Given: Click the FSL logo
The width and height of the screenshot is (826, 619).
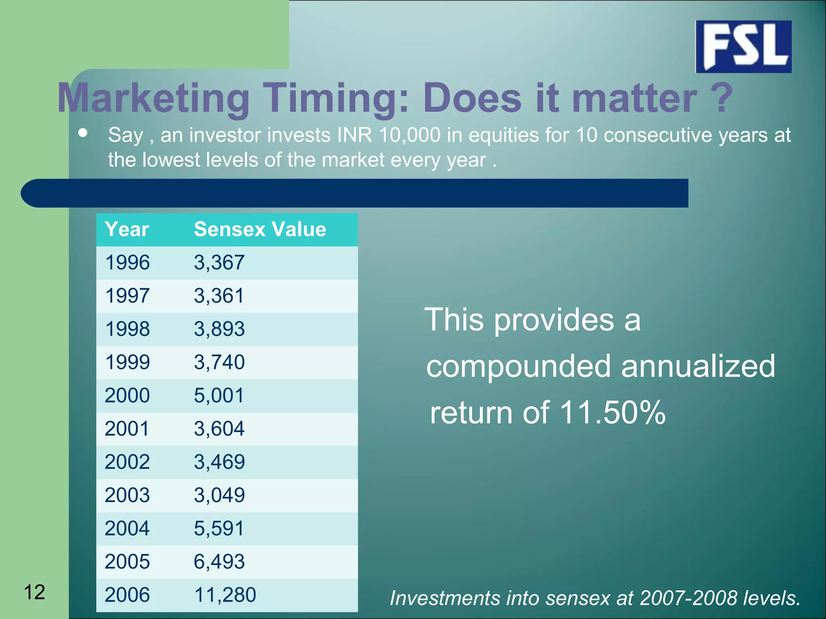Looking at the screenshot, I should pos(743,46).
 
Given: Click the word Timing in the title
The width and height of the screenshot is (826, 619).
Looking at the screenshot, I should pos(336,98).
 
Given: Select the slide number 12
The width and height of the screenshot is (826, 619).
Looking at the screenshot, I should pos(34,592).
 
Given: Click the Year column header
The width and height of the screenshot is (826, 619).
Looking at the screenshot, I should pos(127,229).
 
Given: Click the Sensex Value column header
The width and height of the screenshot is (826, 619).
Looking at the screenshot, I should pos(260,229).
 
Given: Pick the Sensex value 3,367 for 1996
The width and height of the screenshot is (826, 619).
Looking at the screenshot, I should pos(219,262).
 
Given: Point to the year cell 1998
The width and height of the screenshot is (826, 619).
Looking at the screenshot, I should pos(127,329).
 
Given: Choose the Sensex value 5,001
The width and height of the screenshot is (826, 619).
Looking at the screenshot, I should pos(219,395).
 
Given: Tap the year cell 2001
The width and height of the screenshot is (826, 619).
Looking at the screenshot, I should pos(127,428).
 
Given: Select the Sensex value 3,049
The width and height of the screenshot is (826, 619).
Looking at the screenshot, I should pos(219,495).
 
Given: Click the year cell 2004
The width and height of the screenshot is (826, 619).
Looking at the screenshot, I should pos(127,528).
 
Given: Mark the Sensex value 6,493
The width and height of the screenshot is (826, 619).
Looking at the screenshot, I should pos(219,561).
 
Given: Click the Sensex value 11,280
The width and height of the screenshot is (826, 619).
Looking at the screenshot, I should pos(225,595).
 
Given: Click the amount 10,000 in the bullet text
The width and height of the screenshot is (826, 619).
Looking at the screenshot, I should pos(409,135).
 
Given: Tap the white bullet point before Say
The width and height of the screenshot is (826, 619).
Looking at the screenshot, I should pos(83,133).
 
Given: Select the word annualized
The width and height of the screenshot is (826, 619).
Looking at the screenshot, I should pos(698,366).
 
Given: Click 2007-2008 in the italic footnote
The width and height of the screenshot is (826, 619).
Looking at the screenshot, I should pos(690,598).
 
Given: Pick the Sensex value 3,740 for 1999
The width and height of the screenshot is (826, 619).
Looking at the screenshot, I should pos(219,362).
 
